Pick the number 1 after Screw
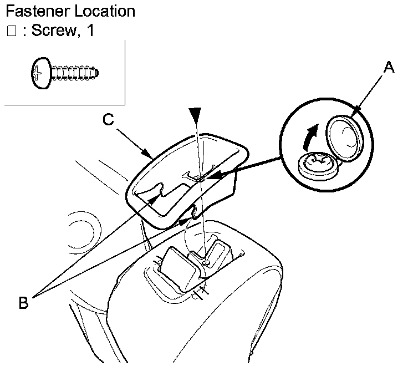click(89, 31)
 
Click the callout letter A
click(390, 68)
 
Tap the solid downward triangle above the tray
click(195, 115)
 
